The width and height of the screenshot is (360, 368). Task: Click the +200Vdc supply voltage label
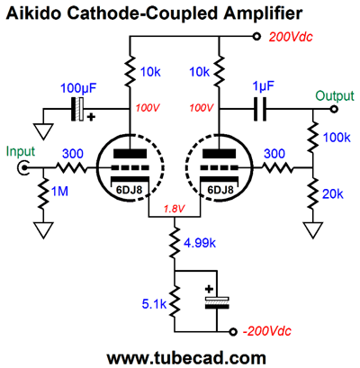[291, 37]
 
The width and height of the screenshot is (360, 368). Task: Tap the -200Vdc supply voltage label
[267, 331]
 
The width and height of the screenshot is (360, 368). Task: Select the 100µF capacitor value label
[78, 89]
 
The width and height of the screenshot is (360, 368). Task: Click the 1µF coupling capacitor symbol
[260, 109]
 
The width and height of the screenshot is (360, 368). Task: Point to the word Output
[335, 96]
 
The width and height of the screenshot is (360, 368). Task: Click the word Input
[21, 152]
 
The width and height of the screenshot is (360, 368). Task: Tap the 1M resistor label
[60, 191]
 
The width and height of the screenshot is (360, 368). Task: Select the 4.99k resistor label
[200, 243]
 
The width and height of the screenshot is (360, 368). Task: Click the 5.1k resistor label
[154, 304]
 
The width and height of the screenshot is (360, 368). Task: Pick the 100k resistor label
[337, 138]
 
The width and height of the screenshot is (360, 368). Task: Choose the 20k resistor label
[333, 194]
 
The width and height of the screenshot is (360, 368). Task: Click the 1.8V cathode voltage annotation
[175, 209]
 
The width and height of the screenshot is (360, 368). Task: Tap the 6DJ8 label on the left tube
[129, 190]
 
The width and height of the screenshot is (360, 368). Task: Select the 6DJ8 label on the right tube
[220, 190]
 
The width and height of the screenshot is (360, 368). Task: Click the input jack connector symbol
[22, 168]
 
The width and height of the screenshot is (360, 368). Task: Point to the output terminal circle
[334, 109]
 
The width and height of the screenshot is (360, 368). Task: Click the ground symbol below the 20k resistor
[313, 230]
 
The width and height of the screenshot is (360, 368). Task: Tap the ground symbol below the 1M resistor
[43, 230]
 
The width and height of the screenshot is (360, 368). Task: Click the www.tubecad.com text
[186, 358]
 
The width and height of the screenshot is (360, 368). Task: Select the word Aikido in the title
[35, 13]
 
